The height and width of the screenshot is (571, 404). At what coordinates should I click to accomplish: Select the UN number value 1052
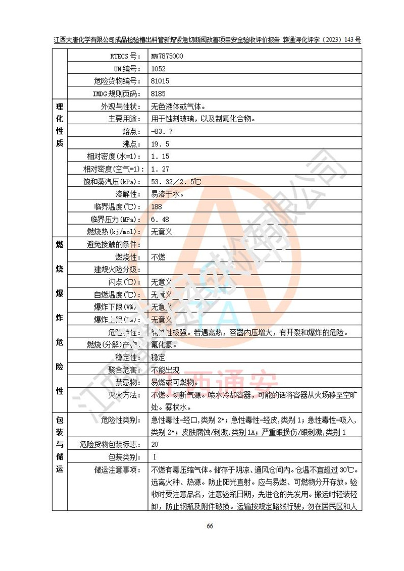[x=158, y=69]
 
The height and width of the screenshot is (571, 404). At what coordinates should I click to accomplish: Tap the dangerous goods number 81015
[x=160, y=81]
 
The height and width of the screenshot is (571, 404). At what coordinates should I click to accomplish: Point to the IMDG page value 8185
[x=158, y=94]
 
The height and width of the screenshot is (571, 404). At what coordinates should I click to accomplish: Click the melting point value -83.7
[x=162, y=132]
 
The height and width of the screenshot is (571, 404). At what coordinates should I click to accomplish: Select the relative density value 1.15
[x=160, y=157]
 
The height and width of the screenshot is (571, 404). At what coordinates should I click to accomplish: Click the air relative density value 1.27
[x=160, y=169]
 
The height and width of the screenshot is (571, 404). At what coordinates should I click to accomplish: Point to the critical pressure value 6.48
[x=160, y=220]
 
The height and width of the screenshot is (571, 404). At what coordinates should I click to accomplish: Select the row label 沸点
[x=132, y=144]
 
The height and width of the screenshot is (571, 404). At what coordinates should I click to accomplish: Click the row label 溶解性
[x=129, y=194]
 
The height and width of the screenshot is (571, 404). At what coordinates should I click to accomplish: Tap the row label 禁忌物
[x=129, y=382]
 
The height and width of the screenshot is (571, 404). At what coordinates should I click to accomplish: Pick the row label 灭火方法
[x=125, y=395]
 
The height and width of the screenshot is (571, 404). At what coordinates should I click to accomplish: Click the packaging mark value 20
[x=155, y=445]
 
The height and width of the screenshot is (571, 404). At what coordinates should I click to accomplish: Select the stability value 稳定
[x=158, y=357]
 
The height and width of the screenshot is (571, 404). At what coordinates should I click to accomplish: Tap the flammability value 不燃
[x=158, y=257]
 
